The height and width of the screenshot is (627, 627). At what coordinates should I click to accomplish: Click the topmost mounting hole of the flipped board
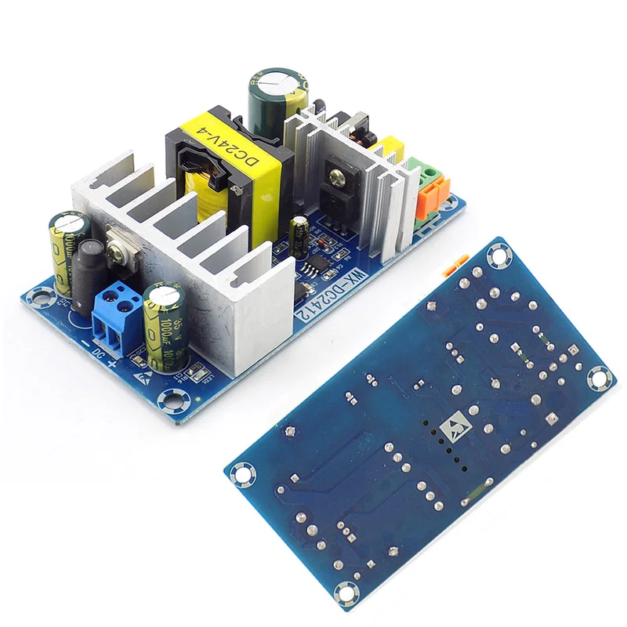(x=497, y=255)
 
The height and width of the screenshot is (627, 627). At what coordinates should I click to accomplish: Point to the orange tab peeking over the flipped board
(x=451, y=268)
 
